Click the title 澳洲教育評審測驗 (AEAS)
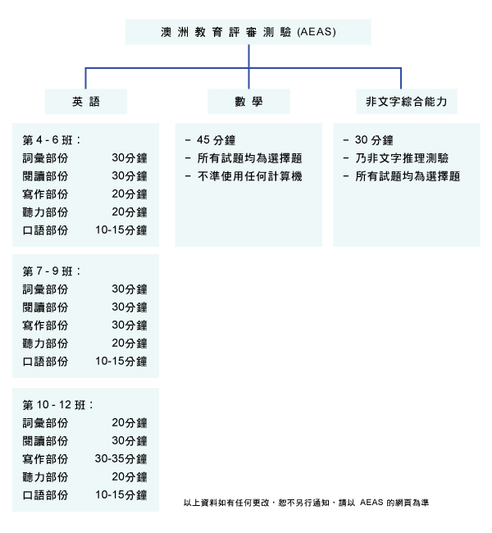[248, 32]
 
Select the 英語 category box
[86, 102]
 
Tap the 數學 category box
[248, 102]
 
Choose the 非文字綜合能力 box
[407, 102]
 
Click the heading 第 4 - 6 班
[52, 140]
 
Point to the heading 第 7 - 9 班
[52, 271]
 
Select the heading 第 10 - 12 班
[57, 405]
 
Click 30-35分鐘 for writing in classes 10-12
[121, 459]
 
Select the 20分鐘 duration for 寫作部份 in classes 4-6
[130, 194]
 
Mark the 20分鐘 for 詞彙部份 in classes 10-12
[130, 423]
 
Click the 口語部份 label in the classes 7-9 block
[45, 362]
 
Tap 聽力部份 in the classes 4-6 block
[45, 212]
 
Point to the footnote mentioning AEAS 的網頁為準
[306, 503]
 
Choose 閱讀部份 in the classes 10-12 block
[45, 441]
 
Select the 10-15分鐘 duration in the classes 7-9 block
[121, 362]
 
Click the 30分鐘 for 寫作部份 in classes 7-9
[130, 326]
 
